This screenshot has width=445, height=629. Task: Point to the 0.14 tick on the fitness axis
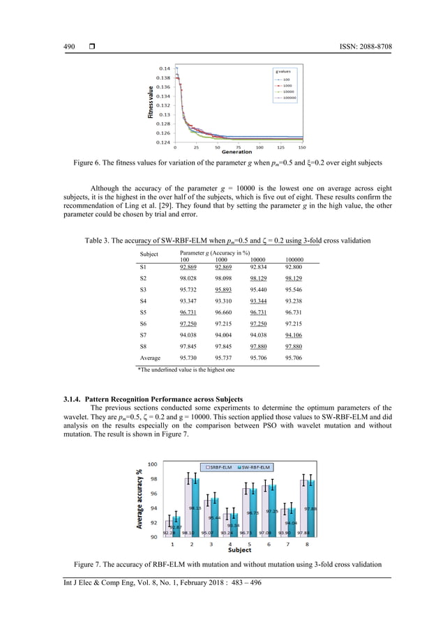tap(163, 68)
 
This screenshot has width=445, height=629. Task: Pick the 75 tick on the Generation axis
tap(239, 147)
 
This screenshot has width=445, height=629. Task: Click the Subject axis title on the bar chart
tap(240, 550)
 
